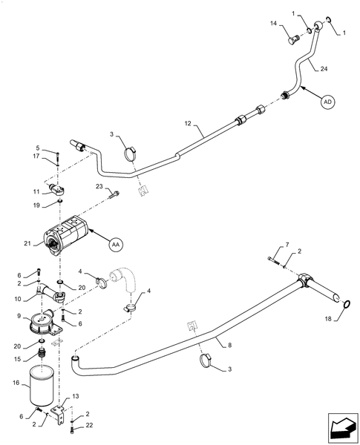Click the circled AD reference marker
[328, 103]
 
